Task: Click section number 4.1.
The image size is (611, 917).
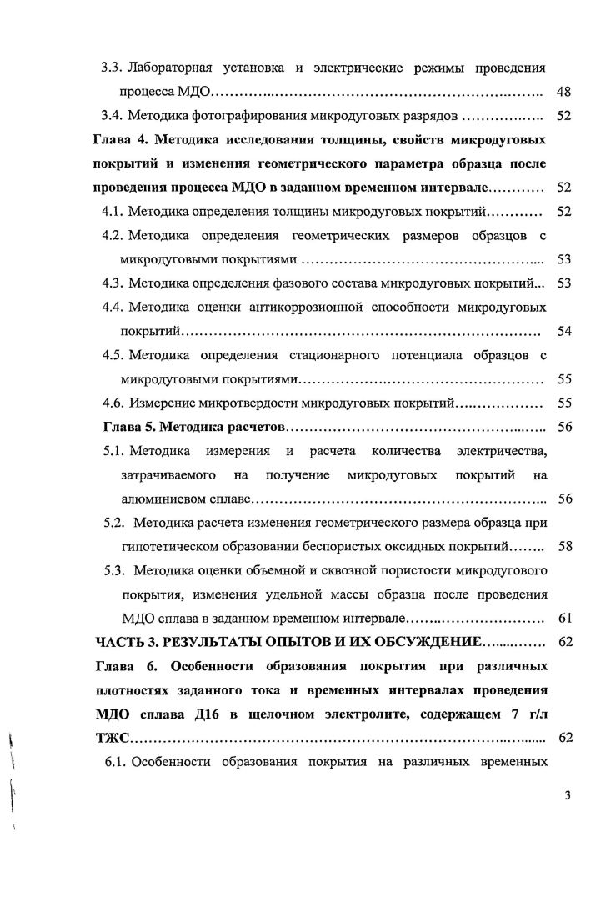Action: tap(113, 212)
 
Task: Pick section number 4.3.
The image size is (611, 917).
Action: tap(113, 283)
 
